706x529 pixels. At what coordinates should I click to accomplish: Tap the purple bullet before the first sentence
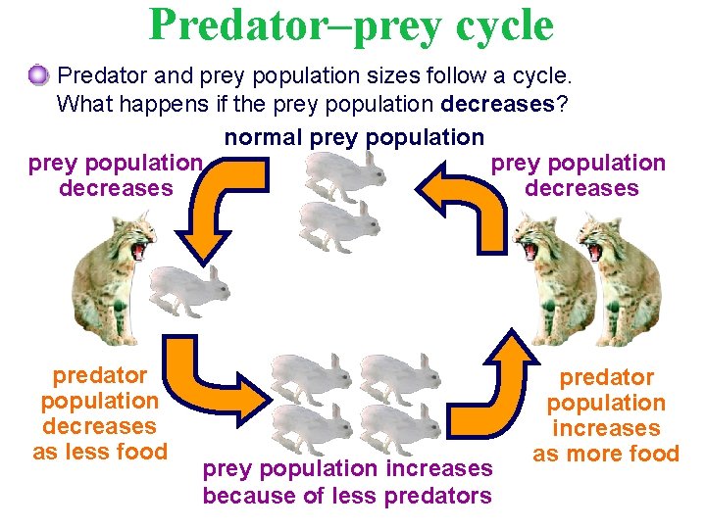38,73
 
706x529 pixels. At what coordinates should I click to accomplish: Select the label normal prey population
354,138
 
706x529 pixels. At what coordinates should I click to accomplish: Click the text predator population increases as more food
605,415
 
